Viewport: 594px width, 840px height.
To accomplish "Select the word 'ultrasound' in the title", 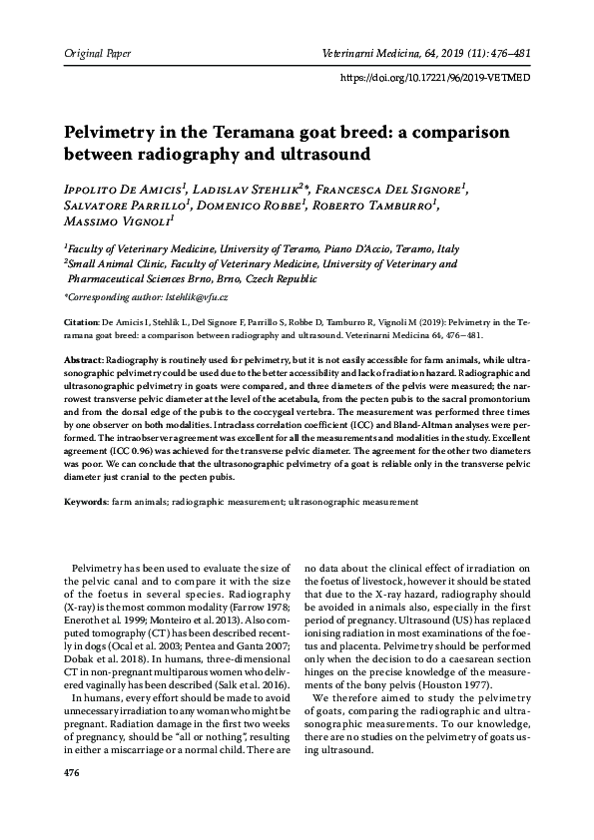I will click(x=316, y=155).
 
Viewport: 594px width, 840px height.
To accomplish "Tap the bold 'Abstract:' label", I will click(x=83, y=357).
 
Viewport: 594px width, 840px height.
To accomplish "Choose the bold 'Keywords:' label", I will click(x=86, y=501).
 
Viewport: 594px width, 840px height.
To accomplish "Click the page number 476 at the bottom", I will click(x=71, y=773).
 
